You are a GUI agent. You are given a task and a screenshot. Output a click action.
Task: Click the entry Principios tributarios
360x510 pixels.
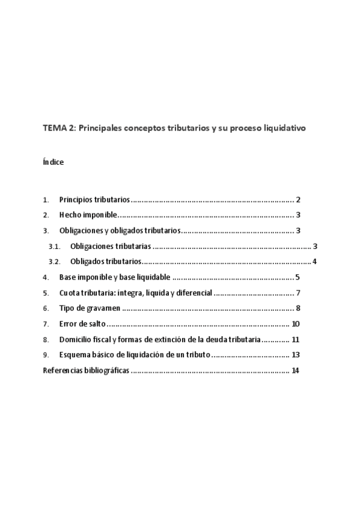pos(94,200)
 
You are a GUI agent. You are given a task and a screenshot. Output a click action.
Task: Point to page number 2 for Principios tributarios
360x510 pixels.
pos(297,200)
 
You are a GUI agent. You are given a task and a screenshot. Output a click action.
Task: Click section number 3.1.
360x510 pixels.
pos(55,246)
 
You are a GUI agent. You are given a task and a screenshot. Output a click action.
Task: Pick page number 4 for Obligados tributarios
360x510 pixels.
pos(314,262)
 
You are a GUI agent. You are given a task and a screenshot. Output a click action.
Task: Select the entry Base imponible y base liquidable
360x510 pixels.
pos(115,277)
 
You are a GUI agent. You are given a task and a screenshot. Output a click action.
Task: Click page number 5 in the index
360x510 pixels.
pos(297,277)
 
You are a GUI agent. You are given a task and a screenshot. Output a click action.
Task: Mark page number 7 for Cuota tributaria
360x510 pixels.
pos(297,293)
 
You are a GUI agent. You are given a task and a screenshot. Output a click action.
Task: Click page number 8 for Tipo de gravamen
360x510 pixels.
pos(297,309)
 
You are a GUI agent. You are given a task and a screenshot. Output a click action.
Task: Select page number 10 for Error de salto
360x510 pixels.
pos(296,324)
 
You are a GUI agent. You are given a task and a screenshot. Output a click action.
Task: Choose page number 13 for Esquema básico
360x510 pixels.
pos(296,355)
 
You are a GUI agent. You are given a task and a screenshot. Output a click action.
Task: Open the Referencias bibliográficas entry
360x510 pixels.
pos(86,370)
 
